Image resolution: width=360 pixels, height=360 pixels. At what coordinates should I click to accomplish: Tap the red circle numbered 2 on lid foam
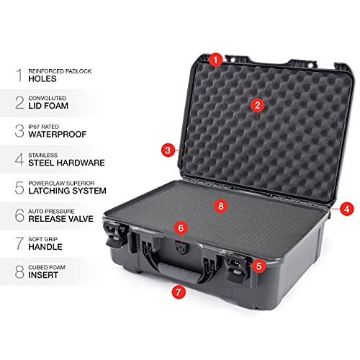point(256,105)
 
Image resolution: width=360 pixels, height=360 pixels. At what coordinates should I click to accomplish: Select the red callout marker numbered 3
point(168,150)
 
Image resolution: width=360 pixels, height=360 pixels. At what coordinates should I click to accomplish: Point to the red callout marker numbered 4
point(347,209)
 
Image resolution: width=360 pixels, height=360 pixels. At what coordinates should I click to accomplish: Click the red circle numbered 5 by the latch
point(258,265)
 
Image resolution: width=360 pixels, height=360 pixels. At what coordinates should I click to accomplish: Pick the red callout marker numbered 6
point(181,228)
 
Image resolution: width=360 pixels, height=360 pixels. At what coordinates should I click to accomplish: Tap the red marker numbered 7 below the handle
point(177,292)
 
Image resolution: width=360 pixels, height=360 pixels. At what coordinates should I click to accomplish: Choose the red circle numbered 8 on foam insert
point(221,206)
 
